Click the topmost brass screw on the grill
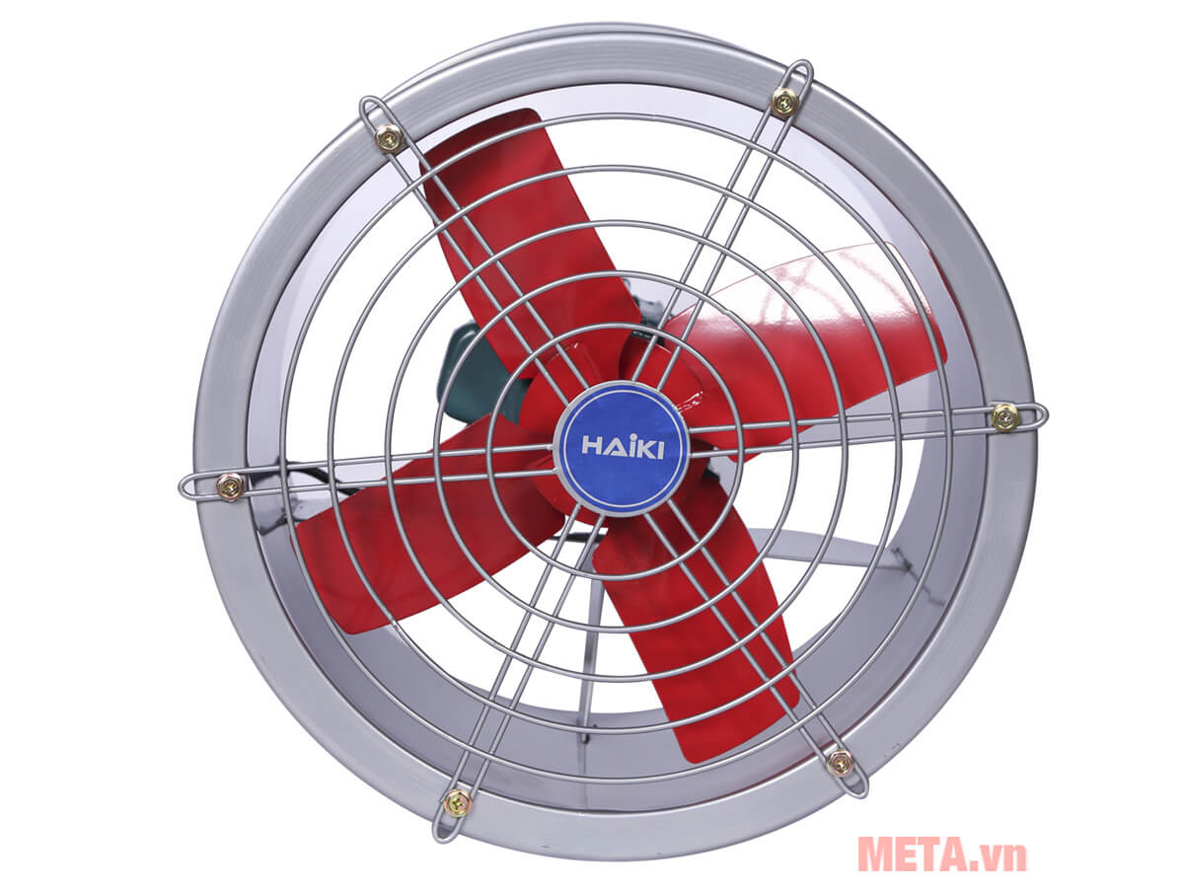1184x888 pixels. click(784, 101)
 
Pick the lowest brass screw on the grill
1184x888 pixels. click(457, 802)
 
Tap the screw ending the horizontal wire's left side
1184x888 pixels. click(230, 485)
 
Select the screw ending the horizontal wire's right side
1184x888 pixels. click(1005, 416)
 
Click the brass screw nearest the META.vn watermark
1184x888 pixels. click(840, 761)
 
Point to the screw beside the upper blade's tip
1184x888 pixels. click(389, 139)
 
